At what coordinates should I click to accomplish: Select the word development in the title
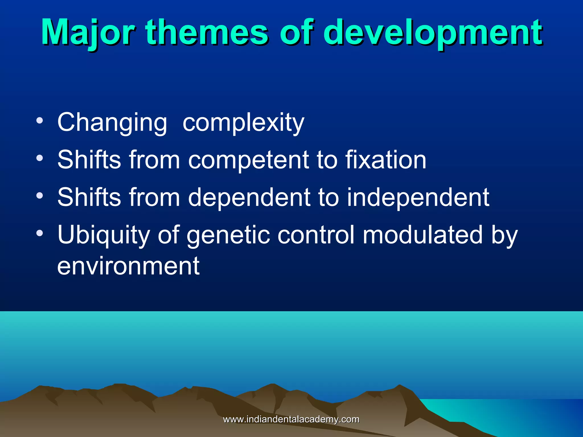pos(433,33)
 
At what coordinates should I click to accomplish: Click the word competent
pos(248,160)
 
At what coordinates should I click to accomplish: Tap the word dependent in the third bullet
pos(249,197)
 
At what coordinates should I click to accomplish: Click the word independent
pos(418,198)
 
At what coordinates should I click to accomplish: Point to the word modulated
pos(422,235)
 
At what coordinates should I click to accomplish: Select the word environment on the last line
pos(128,266)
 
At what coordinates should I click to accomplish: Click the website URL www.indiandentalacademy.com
pos(291,419)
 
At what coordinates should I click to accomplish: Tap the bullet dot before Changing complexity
pos(40,120)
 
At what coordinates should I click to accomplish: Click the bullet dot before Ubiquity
pos(40,233)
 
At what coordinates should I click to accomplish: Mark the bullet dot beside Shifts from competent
pos(40,158)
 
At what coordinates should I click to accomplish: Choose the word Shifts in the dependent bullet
pos(89,197)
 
